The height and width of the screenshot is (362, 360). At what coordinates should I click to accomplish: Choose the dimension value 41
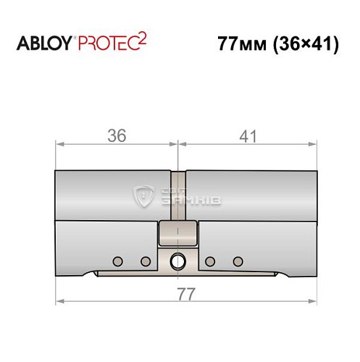247,135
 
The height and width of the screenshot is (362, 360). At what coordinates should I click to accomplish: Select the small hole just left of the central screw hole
145,261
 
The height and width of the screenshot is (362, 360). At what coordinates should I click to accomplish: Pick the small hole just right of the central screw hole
209,261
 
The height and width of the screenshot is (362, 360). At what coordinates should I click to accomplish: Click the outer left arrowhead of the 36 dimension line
59,145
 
